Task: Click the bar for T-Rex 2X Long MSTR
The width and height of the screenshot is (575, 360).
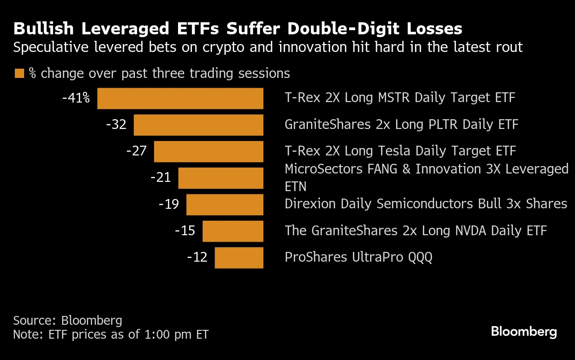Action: coord(180,98)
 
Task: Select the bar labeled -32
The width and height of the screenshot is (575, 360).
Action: coord(198,125)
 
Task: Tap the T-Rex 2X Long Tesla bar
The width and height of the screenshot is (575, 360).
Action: coord(209,152)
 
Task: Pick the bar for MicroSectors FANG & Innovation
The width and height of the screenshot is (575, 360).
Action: coord(221,178)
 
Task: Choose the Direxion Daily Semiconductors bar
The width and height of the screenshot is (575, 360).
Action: coord(225,205)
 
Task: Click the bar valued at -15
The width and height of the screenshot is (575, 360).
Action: coord(233,231)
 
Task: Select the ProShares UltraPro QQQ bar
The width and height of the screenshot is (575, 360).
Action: coord(239,257)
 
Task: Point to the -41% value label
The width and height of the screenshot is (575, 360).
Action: coord(76,98)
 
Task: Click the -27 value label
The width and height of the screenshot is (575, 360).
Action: coord(136,151)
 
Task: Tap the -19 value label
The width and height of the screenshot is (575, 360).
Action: coord(168,204)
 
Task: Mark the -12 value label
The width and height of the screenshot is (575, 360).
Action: coord(197,257)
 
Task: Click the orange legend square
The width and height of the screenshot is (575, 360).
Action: coord(19,73)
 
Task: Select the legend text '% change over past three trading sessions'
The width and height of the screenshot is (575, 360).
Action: coord(160,73)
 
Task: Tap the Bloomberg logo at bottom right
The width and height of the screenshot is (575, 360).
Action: coord(524,332)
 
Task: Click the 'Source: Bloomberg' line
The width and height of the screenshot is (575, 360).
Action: coord(68,320)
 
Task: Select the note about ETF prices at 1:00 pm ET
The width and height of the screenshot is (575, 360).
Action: coord(111,334)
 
